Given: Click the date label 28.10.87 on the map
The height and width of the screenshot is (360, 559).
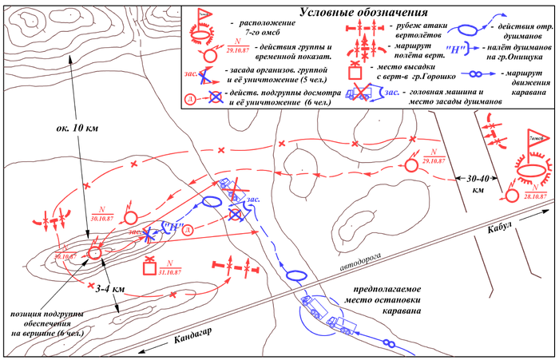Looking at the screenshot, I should click(x=533, y=196).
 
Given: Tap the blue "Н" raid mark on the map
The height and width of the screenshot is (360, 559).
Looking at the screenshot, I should click(x=170, y=227).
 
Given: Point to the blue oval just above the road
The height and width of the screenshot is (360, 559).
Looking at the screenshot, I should click(x=295, y=275).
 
